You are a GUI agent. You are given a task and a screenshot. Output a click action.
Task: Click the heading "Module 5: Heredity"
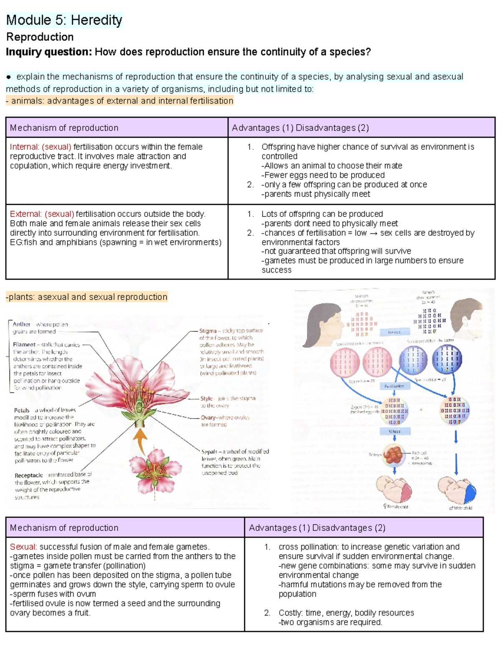pos(64,20)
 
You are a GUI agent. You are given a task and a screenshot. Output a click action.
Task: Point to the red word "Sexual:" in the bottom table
pos(23,547)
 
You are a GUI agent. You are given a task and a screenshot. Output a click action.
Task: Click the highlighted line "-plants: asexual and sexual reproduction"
pos(86,297)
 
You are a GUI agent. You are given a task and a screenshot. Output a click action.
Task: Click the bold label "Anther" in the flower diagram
pos(21,324)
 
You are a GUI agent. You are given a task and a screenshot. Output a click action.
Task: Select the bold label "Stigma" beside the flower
pos(208,331)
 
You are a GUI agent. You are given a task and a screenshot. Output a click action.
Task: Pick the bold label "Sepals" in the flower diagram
pos(210,451)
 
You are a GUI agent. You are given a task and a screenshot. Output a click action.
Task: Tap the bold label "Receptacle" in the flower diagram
pos(29,475)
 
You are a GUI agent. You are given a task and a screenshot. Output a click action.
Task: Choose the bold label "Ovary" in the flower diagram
pos(208,417)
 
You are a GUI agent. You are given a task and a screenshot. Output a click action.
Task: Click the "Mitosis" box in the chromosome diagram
pos(394,431)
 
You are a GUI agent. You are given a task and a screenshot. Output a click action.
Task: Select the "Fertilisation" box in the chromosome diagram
pos(394,386)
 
